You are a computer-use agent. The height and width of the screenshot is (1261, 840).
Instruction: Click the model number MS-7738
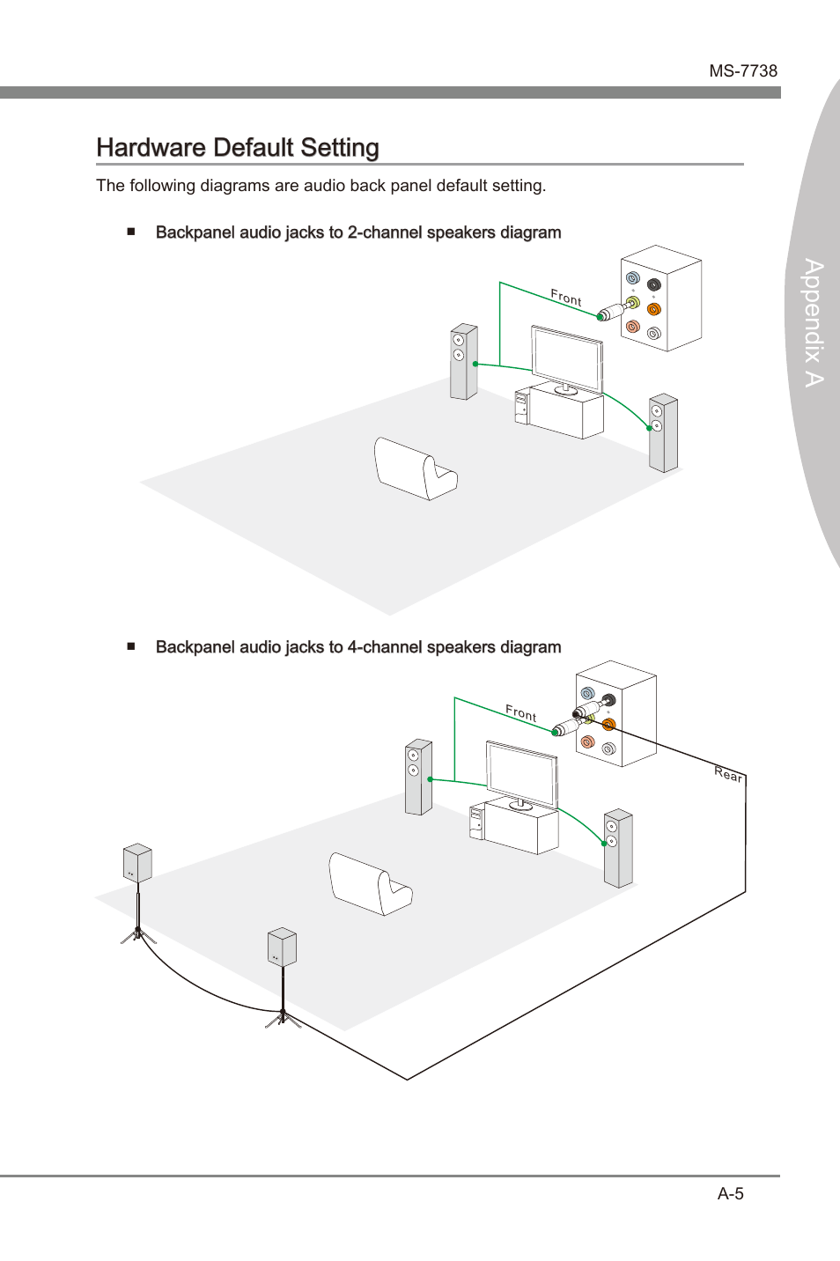(x=743, y=71)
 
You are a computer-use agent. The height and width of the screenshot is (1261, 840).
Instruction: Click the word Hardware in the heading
(x=151, y=147)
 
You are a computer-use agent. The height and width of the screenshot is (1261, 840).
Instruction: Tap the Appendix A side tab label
(x=814, y=323)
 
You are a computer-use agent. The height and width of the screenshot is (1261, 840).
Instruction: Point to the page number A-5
(x=730, y=1193)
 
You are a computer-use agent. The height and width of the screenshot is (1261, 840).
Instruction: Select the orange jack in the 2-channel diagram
(x=653, y=309)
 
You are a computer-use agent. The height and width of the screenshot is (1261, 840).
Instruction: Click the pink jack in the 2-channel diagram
(x=633, y=327)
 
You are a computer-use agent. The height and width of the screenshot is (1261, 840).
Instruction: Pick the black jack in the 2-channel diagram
(x=653, y=284)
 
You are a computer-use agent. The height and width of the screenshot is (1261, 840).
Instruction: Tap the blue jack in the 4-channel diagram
(x=587, y=694)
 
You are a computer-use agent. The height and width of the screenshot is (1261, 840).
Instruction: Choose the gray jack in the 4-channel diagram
(x=608, y=748)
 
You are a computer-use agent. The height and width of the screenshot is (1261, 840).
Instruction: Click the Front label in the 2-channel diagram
(x=566, y=298)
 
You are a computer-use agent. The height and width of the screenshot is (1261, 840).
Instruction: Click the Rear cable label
(x=728, y=774)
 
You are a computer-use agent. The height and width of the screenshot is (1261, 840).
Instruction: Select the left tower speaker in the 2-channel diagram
(x=464, y=361)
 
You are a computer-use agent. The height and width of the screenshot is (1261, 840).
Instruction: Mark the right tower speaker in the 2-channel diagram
(x=663, y=433)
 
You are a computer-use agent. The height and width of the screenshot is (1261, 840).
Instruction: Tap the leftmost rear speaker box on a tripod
(x=138, y=862)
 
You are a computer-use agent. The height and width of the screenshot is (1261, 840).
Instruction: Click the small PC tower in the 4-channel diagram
(x=477, y=822)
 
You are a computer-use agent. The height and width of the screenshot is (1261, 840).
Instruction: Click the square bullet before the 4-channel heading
(x=131, y=646)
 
